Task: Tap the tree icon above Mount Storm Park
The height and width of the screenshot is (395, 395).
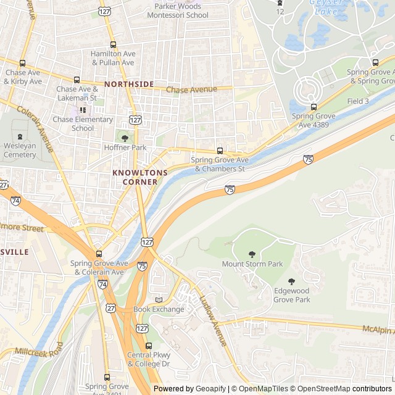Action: click(x=252, y=254)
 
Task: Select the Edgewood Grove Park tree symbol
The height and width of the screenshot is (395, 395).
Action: click(x=292, y=281)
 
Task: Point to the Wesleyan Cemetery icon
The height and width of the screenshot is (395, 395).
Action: click(x=20, y=137)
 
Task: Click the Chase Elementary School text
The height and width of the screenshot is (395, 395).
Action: click(x=83, y=123)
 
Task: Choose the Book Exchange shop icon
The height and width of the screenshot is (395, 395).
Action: click(x=159, y=299)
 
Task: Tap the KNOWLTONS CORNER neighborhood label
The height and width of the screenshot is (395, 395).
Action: click(x=135, y=178)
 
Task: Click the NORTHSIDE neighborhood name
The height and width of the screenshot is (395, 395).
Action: click(x=129, y=84)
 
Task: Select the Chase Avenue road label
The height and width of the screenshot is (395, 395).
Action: click(x=191, y=89)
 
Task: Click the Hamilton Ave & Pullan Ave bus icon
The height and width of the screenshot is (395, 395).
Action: click(x=112, y=45)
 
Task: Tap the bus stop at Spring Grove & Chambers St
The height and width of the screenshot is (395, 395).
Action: click(x=220, y=151)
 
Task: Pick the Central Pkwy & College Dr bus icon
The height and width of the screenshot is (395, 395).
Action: click(x=148, y=346)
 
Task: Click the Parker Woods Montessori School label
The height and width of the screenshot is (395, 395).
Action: click(x=178, y=10)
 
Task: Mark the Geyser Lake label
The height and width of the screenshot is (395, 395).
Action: click(x=325, y=6)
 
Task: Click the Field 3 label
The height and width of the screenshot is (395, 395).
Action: click(x=358, y=101)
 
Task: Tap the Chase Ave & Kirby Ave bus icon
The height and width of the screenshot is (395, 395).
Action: click(x=23, y=63)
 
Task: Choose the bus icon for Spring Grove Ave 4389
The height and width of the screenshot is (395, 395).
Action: click(x=314, y=107)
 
